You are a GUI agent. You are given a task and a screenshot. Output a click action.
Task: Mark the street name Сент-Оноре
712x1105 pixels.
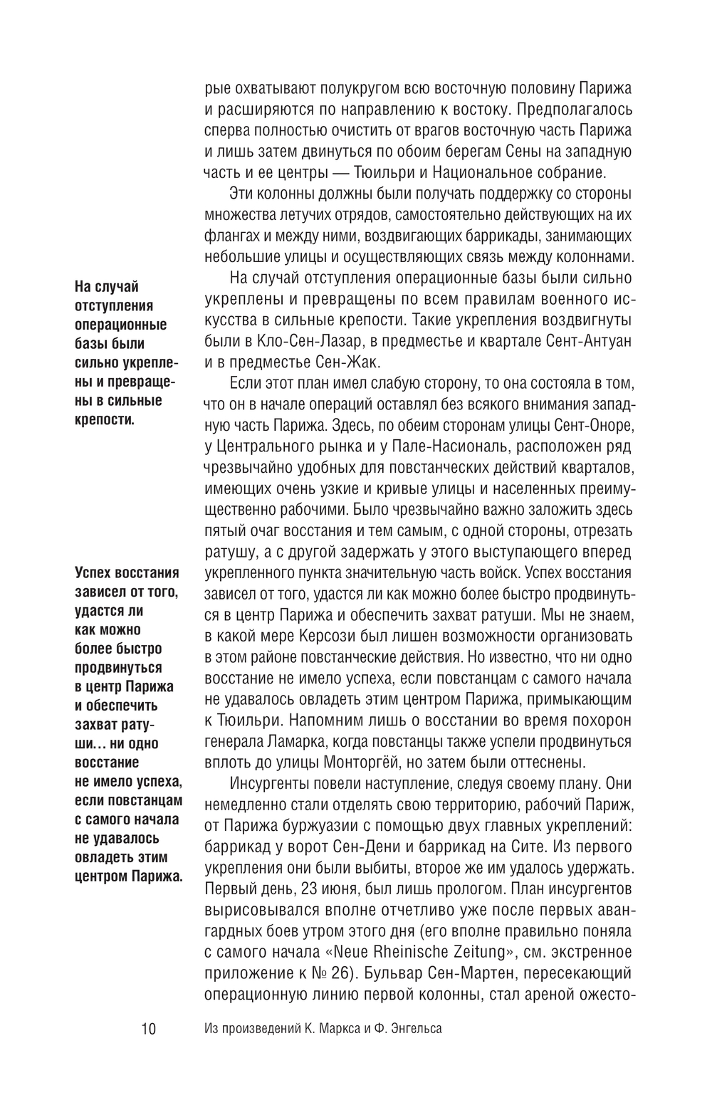589,425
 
